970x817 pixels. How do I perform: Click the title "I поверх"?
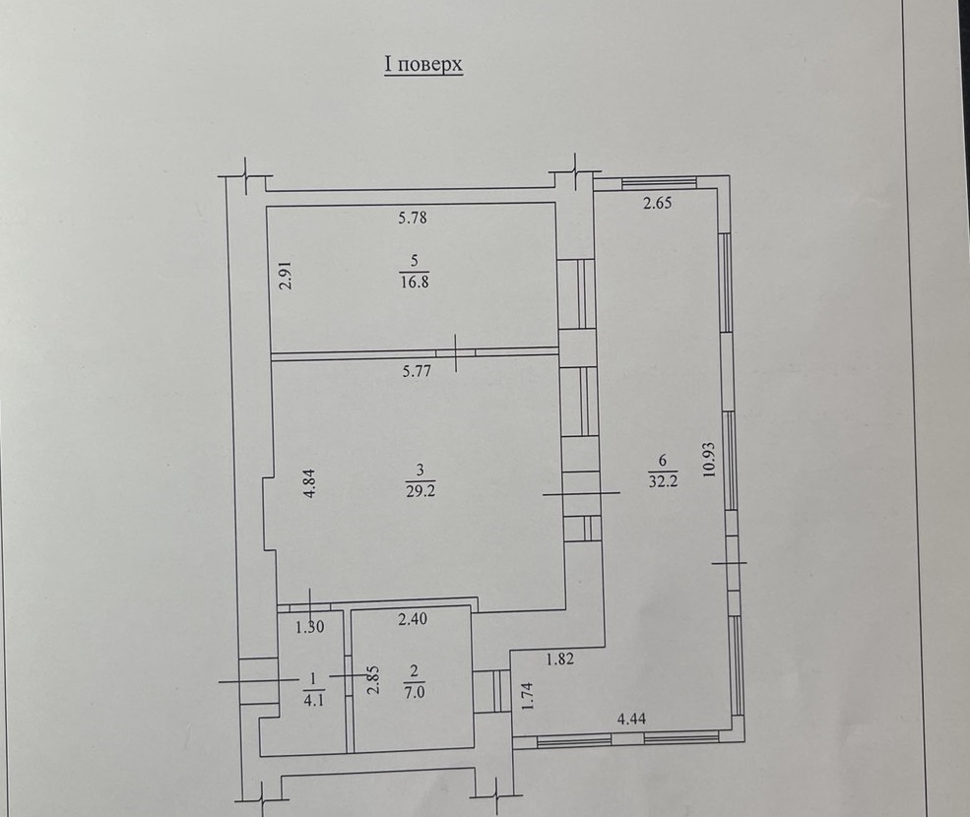pos(423,65)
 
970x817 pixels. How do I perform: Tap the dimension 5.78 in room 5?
pos(413,218)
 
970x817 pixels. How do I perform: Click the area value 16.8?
pos(415,283)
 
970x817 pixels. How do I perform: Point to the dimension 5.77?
pos(417,372)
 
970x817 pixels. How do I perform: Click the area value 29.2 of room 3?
pos(420,491)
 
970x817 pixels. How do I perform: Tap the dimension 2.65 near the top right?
pos(657,202)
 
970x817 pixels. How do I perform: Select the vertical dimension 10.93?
pos(709,459)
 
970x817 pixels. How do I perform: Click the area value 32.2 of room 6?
pos(663,480)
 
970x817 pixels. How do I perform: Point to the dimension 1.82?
pos(559,660)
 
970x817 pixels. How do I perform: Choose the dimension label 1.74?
pos(528,696)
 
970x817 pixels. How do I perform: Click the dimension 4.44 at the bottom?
pos(631,719)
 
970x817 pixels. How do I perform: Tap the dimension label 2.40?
pos(412,619)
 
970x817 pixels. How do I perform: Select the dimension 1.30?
pos(309,627)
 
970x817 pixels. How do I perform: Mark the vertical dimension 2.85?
pos(373,680)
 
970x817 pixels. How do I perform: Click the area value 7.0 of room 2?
pos(415,692)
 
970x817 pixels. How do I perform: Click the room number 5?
pos(415,262)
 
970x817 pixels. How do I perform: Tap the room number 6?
pos(663,460)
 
